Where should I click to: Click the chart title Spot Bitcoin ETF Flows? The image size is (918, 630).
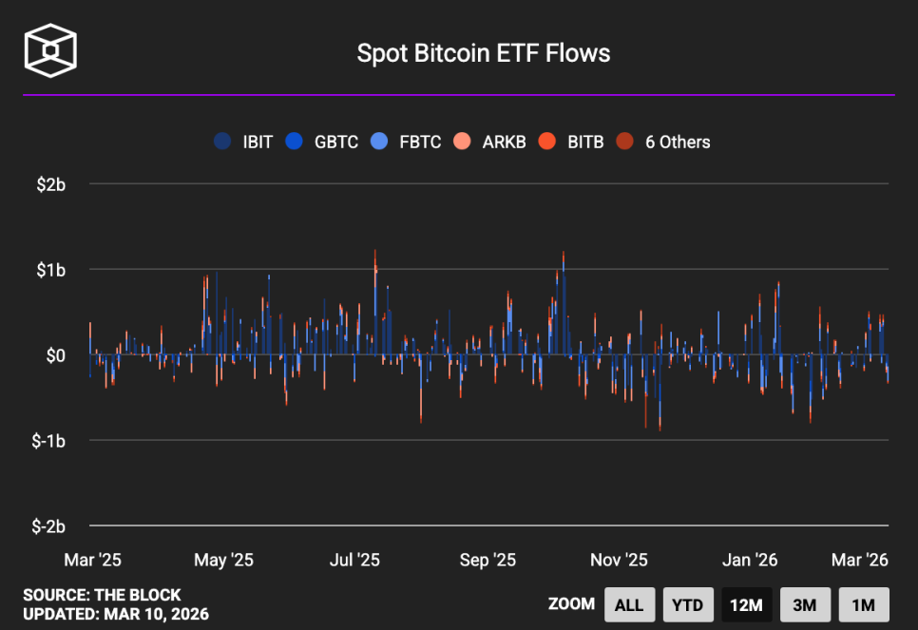pyautogui.click(x=483, y=53)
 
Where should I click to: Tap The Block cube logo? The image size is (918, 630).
pyautogui.click(x=50, y=49)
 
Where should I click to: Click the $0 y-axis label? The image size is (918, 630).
pyautogui.click(x=55, y=355)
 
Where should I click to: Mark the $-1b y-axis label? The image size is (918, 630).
pyautogui.click(x=48, y=441)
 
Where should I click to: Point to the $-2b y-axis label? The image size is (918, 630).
pyautogui.click(x=48, y=526)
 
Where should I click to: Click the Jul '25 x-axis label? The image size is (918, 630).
pyautogui.click(x=354, y=560)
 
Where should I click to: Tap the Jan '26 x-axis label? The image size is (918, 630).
pyautogui.click(x=750, y=560)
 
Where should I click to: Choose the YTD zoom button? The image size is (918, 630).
pyautogui.click(x=687, y=604)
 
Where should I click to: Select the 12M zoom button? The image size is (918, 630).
pyautogui.click(x=746, y=604)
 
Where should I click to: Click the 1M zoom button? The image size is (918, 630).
pyautogui.click(x=863, y=604)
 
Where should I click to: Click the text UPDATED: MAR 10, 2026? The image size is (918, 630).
pyautogui.click(x=116, y=614)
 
